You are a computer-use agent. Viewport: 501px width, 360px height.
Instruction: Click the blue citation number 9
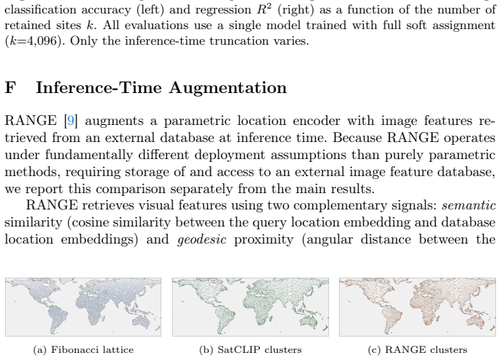(x=70, y=121)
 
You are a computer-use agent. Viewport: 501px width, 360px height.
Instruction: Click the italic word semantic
(x=469, y=205)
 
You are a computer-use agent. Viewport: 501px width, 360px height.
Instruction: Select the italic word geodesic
(x=202, y=239)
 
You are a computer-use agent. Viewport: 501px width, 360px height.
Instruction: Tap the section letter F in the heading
(x=10, y=87)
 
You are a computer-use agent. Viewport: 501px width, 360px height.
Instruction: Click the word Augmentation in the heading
(x=228, y=88)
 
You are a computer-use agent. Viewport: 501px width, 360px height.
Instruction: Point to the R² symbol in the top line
(x=264, y=9)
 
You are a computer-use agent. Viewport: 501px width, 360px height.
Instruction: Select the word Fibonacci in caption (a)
(x=71, y=350)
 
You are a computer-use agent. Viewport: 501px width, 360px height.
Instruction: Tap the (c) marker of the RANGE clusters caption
(x=375, y=350)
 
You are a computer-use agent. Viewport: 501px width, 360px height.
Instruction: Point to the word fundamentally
(x=89, y=156)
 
